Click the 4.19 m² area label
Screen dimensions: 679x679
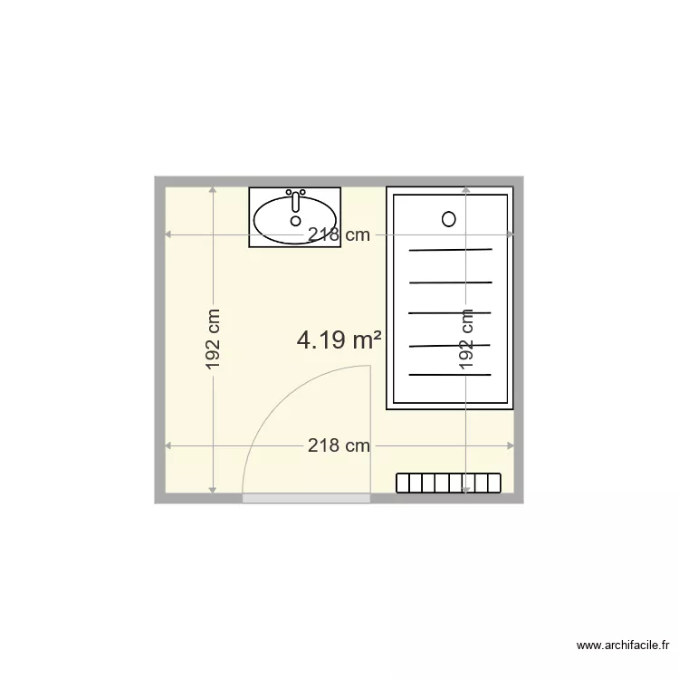339,340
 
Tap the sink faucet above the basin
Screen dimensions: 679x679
295,196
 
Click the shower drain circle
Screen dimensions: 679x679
448,218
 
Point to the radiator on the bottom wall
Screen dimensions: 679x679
449,483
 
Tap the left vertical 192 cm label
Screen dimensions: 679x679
213,340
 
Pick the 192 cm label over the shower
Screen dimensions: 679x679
466,340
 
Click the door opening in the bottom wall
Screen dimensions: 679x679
306,498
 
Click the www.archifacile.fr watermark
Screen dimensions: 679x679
622,646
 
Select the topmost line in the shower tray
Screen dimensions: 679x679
450,250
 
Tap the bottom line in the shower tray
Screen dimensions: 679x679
450,374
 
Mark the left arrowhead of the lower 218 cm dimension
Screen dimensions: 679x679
168,445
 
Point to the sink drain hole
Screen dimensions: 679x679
295,220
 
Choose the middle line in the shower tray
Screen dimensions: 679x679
450,313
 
